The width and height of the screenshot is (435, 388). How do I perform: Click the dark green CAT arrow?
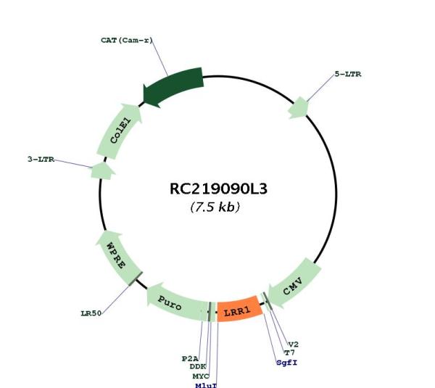[173, 86]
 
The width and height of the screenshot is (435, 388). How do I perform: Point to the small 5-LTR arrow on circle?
[299, 107]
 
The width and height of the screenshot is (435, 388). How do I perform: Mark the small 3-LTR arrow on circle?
[102, 171]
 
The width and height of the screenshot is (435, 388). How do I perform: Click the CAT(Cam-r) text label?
[127, 40]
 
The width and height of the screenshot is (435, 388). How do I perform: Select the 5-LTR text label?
[348, 74]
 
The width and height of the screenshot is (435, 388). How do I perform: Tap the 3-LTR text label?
[41, 160]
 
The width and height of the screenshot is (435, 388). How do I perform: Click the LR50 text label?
[91, 313]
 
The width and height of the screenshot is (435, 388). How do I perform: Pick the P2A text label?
[190, 358]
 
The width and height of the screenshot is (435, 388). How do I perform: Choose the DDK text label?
[198, 367]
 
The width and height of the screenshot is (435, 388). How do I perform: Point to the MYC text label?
[201, 376]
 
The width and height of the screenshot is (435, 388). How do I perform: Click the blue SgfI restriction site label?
[287, 363]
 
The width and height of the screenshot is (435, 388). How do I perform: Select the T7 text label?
[289, 352]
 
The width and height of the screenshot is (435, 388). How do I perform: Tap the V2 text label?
[294, 344]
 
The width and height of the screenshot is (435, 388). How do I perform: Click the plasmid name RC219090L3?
[218, 189]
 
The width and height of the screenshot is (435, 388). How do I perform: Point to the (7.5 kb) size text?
[215, 207]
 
